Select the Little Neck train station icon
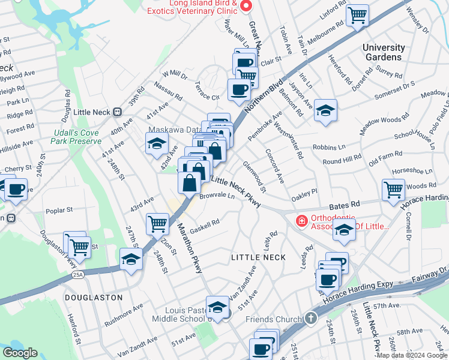coord(117,111)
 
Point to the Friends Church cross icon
coord(310,318)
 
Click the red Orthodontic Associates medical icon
coord(300,221)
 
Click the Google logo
coord(20,353)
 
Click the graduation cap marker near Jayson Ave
coord(325,110)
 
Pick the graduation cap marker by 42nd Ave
coord(157,143)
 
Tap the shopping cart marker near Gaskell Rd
coord(157,223)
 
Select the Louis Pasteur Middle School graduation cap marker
coord(218,307)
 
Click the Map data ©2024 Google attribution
coord(411,355)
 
